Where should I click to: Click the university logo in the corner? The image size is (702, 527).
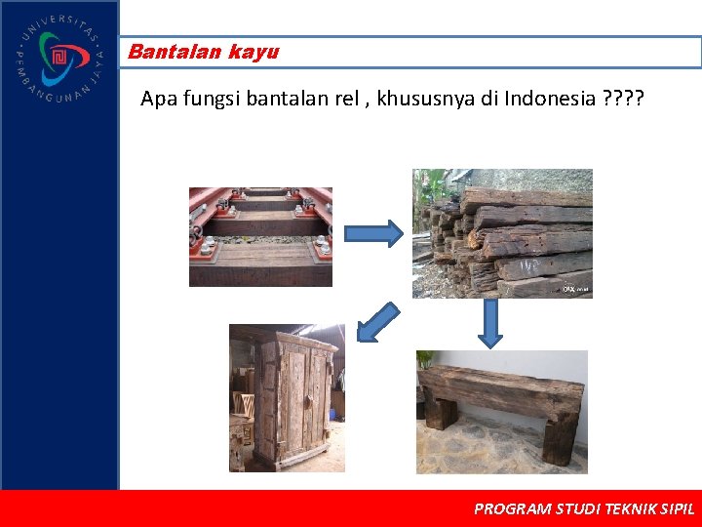click(58, 59)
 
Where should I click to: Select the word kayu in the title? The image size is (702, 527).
click(253, 53)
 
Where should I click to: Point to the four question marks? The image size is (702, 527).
click(623, 99)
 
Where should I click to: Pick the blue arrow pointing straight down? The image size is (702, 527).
click(490, 322)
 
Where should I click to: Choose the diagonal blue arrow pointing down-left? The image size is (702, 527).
click(377, 322)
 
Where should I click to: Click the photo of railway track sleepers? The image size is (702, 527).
click(260, 236)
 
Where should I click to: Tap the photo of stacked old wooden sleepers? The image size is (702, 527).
click(502, 233)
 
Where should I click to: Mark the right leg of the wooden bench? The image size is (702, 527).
click(561, 437)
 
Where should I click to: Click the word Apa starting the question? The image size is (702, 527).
click(156, 99)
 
